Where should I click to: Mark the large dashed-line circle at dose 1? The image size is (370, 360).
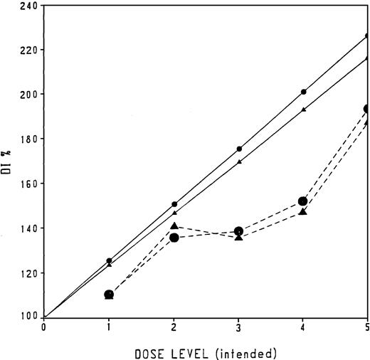click(109, 294)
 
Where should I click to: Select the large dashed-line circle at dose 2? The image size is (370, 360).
click(174, 237)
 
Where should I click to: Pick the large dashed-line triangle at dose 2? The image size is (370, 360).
click(174, 226)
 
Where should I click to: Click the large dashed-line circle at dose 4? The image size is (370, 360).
click(303, 201)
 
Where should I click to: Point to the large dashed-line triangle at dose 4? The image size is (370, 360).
click(303, 211)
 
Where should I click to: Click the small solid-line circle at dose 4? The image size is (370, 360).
click(304, 92)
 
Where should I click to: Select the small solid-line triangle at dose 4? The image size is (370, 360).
click(304, 110)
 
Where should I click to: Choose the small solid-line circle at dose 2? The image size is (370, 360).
click(174, 204)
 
